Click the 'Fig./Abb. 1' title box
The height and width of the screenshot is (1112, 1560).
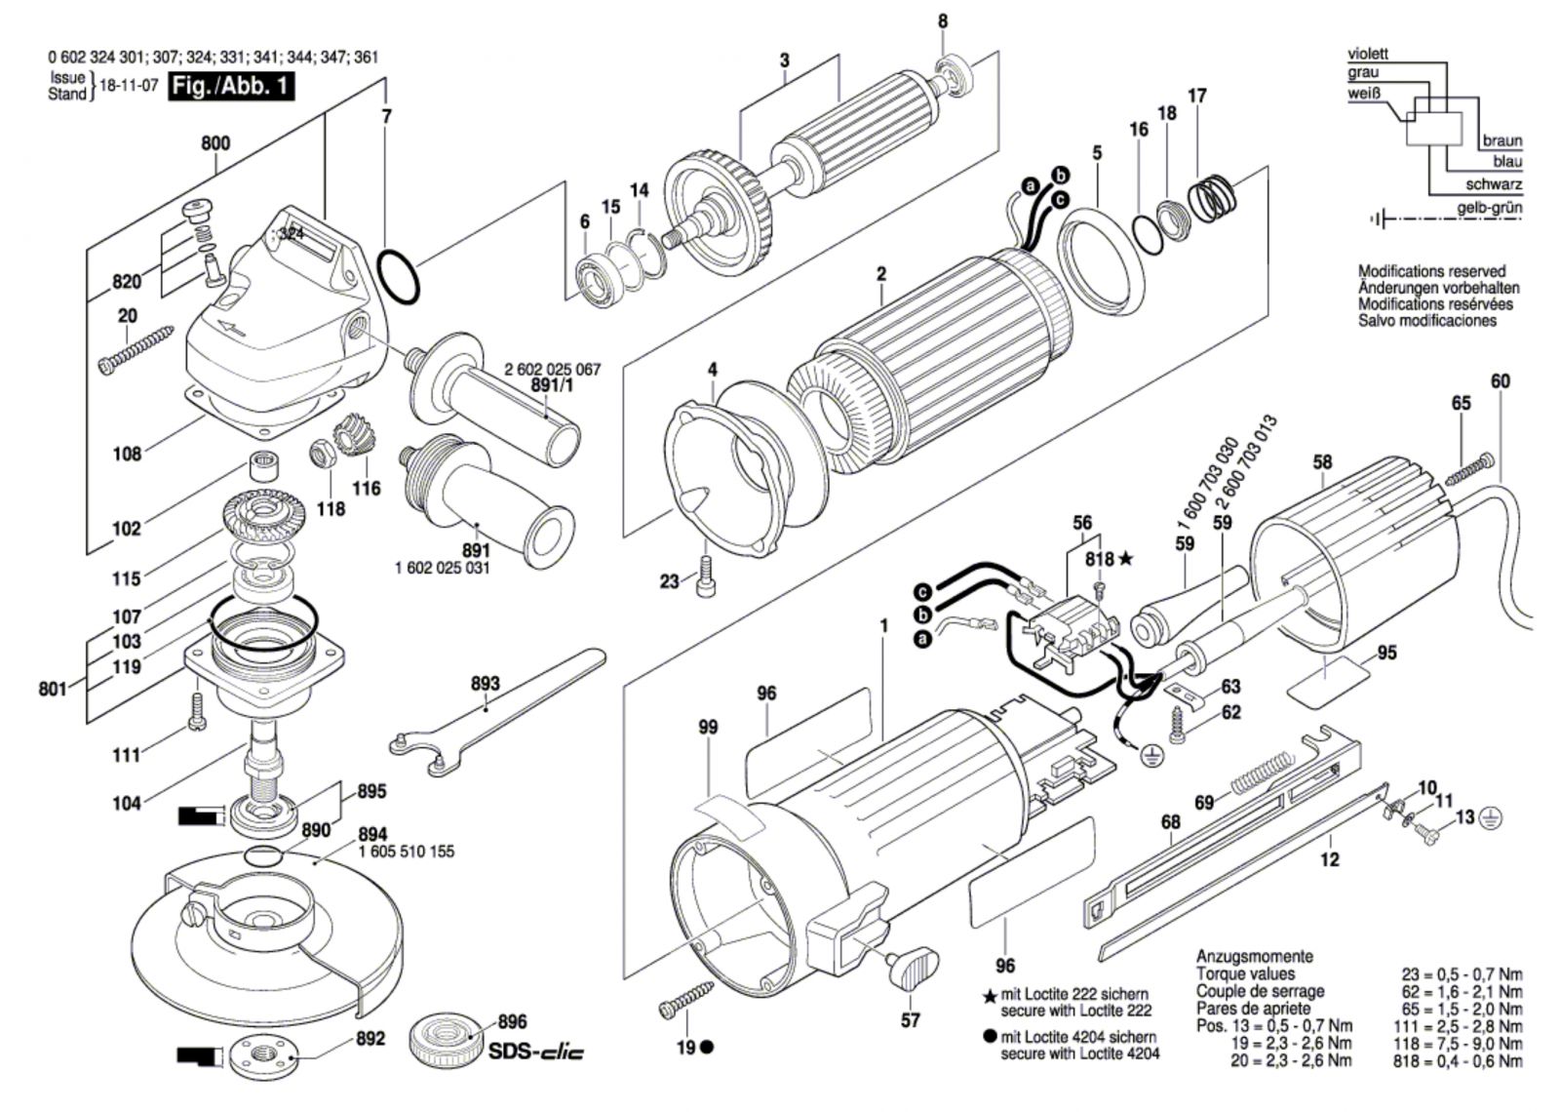pos(231,86)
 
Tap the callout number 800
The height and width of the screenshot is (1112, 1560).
pos(215,143)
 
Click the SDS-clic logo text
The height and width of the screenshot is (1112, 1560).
pos(536,1052)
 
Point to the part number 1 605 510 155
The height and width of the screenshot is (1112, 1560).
pos(407,852)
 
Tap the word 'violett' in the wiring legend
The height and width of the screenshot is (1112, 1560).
pos(1368,54)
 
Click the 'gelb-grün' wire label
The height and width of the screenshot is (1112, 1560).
pos(1489,208)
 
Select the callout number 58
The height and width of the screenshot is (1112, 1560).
pos(1322,461)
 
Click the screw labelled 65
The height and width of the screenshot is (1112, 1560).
pos(1468,469)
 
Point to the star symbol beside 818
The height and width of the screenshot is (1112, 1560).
pos(1126,559)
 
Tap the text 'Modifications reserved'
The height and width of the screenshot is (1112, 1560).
pos(1431,271)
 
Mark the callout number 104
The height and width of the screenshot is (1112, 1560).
pos(127,803)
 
